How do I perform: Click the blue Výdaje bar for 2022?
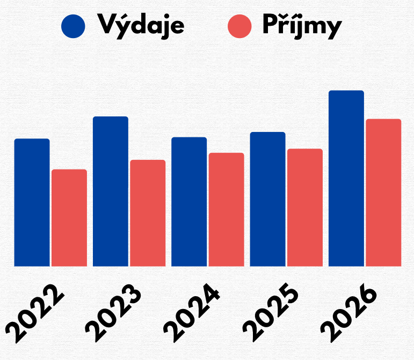[32, 202]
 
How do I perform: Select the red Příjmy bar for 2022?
[69, 218]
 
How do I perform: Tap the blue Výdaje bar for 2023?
[111, 191]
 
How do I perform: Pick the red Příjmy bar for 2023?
[148, 213]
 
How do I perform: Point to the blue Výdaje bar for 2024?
[189, 202]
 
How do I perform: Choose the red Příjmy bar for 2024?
[226, 209]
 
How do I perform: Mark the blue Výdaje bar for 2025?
[267, 199]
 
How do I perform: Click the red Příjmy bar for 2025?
[305, 207]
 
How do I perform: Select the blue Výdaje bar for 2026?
[346, 178]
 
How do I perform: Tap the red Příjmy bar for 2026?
[383, 193]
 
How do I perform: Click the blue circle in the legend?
[74, 26]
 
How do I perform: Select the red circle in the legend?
[239, 26]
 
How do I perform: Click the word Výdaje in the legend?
[141, 25]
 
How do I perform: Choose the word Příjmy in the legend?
[302, 25]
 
